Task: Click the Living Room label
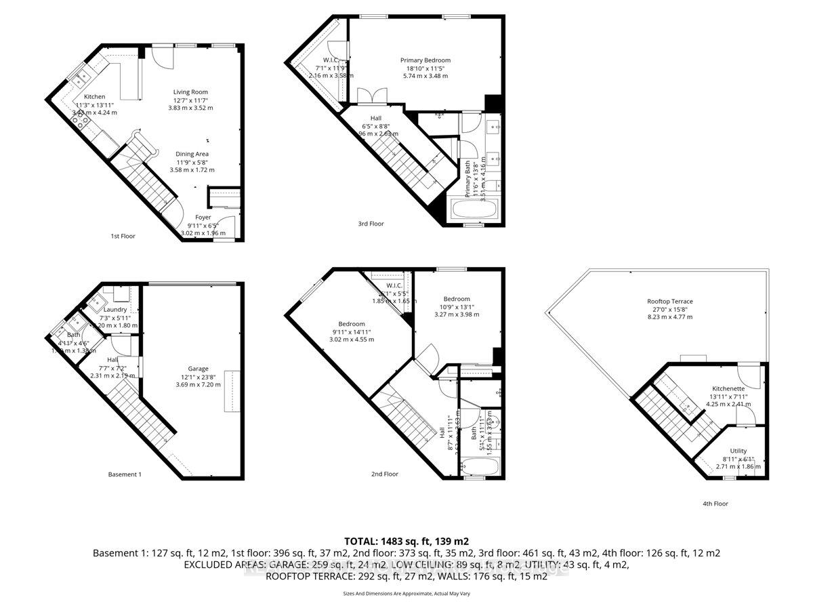coord(190,91)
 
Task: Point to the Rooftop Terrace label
coord(670,301)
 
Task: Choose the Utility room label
coord(738,451)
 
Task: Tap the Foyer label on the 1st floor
coord(203,217)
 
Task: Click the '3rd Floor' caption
coord(371,223)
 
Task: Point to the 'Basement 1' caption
coord(125,474)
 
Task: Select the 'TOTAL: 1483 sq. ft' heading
coord(406,541)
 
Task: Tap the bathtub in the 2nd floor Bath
coord(480,467)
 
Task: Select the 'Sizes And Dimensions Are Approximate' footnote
coord(406,594)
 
